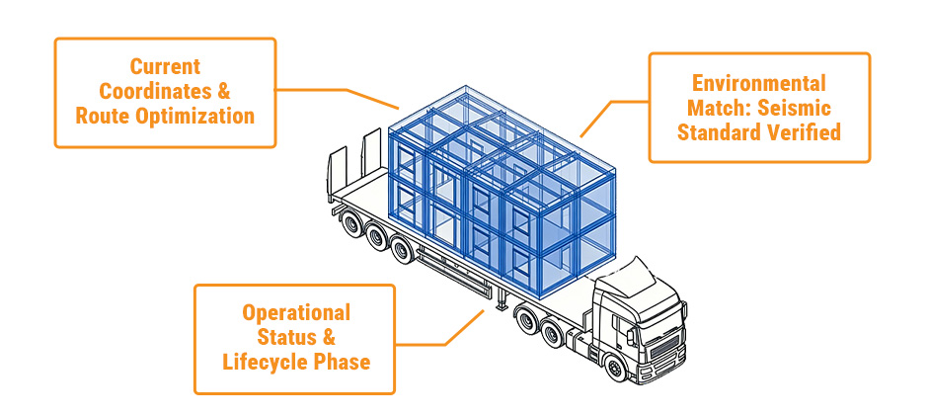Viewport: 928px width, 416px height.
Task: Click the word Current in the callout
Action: pos(165,67)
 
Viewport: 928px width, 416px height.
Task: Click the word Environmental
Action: pos(758,83)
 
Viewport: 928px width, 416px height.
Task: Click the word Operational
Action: pos(296,313)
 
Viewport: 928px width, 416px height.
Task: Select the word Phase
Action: pos(342,362)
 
